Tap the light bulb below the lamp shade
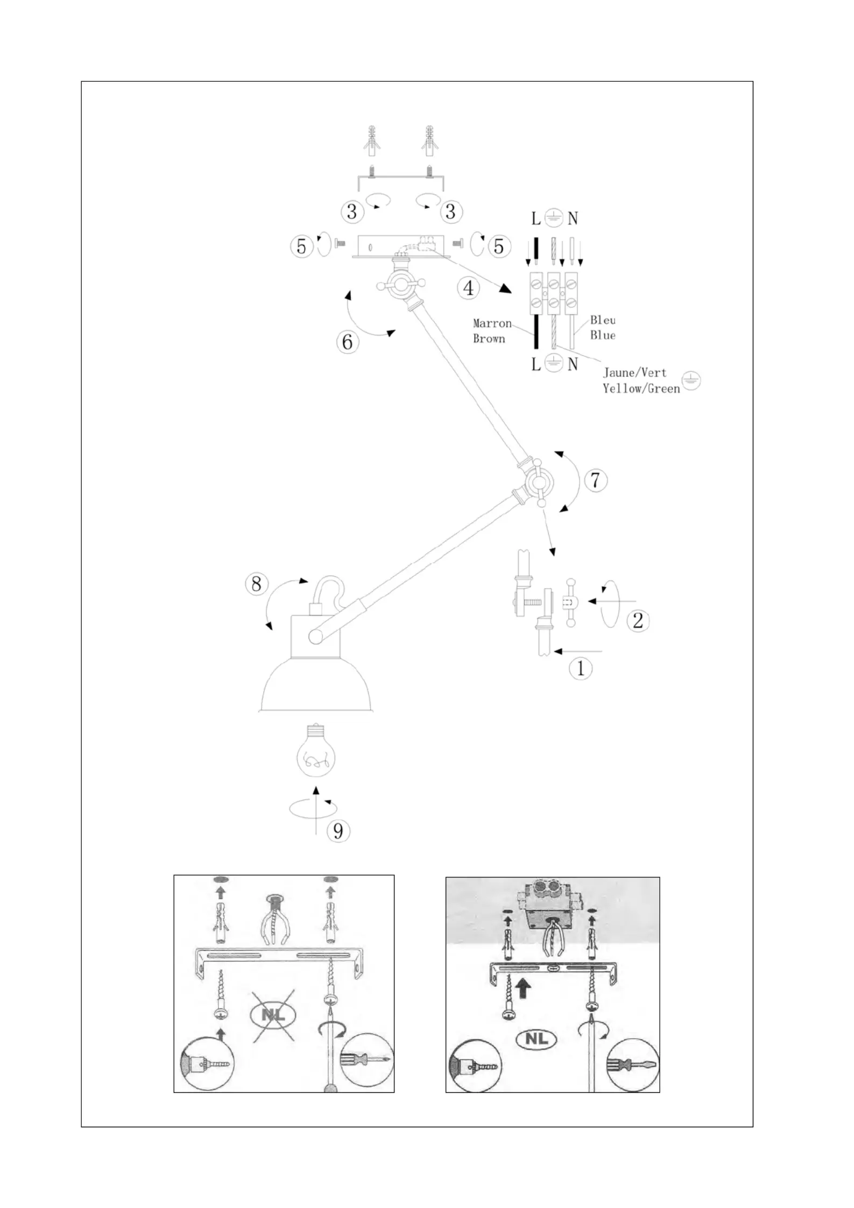(x=316, y=749)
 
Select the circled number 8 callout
(x=256, y=584)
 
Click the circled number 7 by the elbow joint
(x=595, y=480)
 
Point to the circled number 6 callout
(x=348, y=342)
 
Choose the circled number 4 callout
(x=469, y=288)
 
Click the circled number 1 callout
(x=581, y=668)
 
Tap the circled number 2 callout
(x=638, y=621)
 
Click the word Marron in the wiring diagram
(x=492, y=323)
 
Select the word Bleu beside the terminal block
(x=603, y=320)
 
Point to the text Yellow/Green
(x=641, y=388)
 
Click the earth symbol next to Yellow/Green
(x=691, y=380)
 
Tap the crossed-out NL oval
(x=273, y=1015)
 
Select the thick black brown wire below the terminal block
(x=536, y=332)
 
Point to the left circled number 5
(x=301, y=246)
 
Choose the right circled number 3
(x=451, y=211)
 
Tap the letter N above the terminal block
(x=573, y=218)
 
